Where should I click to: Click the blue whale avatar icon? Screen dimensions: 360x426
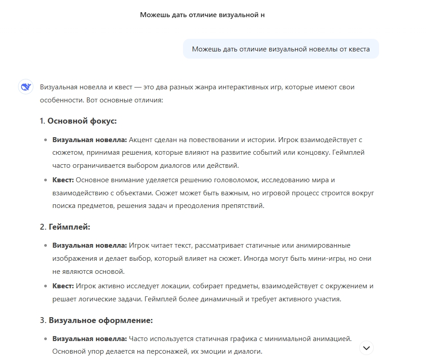coord(26,87)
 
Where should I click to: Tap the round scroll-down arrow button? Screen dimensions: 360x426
coord(366,348)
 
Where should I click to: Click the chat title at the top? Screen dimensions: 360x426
coord(202,15)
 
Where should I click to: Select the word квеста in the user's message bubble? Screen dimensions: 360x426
coord(359,49)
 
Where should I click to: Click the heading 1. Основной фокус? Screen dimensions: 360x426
coord(79,121)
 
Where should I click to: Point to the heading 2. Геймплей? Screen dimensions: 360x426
coord(65,227)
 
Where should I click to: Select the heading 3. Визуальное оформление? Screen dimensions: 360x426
coord(96,320)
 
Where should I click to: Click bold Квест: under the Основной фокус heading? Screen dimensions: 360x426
coord(63,180)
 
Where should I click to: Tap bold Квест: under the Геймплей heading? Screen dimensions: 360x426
coord(63,286)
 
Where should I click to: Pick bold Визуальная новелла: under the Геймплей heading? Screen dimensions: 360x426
coord(90,245)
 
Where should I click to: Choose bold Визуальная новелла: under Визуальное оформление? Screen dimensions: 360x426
coord(90,338)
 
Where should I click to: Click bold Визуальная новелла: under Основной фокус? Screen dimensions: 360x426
coord(90,140)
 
